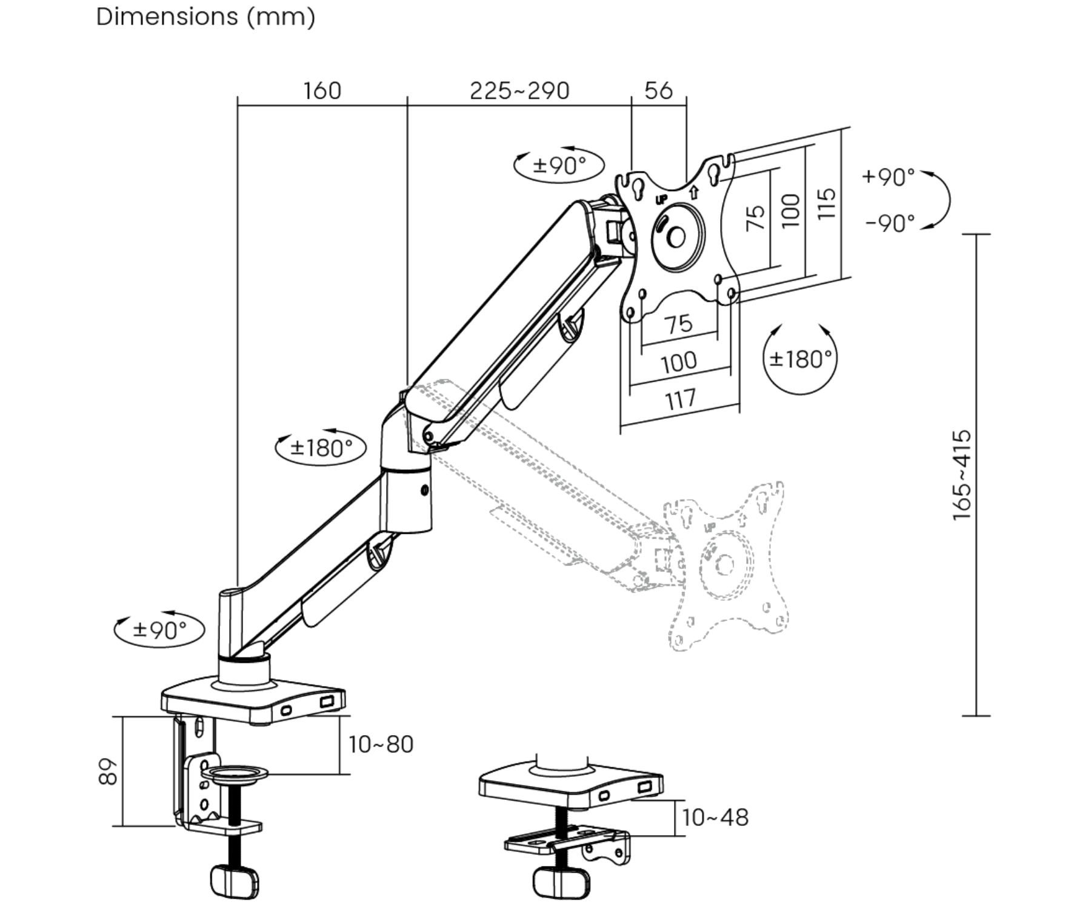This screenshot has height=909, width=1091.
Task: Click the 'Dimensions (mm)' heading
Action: [205, 17]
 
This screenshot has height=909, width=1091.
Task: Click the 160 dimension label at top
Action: [322, 91]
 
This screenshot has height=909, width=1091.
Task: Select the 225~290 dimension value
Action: [519, 91]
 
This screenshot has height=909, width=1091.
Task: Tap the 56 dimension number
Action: [658, 91]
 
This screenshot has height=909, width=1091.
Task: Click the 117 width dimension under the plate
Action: [680, 399]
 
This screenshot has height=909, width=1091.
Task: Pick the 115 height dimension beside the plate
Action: [826, 204]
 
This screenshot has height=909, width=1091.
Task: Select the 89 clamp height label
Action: [108, 771]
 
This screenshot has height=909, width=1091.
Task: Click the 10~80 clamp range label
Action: [381, 744]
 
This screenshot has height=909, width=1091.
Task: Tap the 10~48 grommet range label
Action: [715, 817]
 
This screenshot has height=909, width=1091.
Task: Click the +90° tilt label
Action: [888, 177]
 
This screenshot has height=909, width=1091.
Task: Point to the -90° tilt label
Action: [890, 224]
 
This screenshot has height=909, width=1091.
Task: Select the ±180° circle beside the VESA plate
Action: [800, 359]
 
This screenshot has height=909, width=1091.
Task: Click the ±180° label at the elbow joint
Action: [321, 448]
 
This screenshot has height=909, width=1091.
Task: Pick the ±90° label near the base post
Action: [160, 630]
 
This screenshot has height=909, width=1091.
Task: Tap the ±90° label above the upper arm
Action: [559, 164]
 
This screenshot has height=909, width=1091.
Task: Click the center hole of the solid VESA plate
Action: [676, 238]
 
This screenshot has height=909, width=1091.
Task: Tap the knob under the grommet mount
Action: [561, 882]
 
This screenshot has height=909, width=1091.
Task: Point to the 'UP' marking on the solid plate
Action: [661, 199]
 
